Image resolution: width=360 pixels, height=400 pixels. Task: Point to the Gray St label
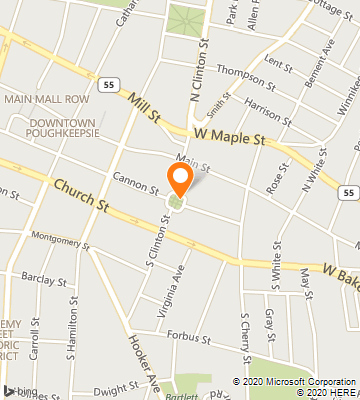coord(270,321)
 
